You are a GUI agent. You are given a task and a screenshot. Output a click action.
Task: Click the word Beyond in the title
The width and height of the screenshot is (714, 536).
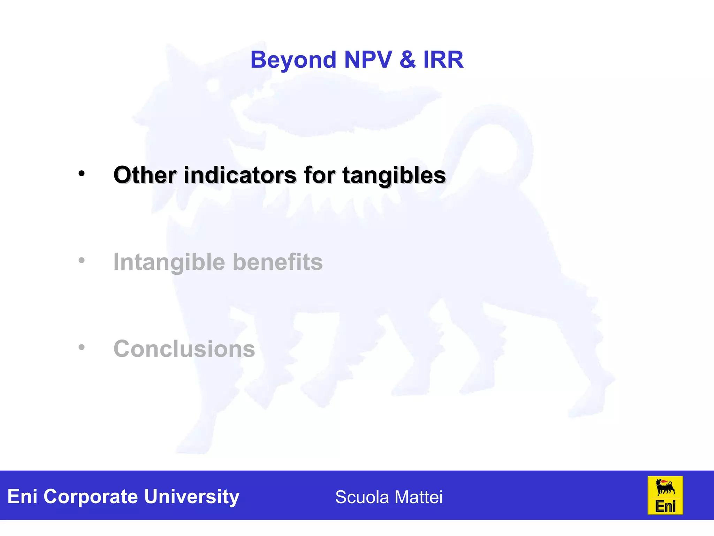(x=293, y=60)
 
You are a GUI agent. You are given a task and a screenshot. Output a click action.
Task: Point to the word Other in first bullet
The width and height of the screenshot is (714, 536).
(x=145, y=175)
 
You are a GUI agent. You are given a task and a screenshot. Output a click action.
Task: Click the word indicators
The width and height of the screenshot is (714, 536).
(x=240, y=175)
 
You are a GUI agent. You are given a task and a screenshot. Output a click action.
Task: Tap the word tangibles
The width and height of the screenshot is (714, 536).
(x=394, y=176)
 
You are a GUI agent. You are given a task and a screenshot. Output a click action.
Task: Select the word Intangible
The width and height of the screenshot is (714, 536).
(x=169, y=262)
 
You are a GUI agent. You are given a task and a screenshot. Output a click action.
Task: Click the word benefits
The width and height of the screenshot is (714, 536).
(x=278, y=262)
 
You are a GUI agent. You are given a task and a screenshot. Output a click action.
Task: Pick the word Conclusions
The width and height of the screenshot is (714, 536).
(x=184, y=349)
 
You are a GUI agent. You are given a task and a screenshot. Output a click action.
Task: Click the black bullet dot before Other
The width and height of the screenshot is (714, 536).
(x=82, y=173)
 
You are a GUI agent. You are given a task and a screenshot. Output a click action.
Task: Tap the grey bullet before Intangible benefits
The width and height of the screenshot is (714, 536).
(x=82, y=260)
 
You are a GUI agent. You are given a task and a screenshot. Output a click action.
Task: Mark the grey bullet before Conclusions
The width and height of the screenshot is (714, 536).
(x=82, y=347)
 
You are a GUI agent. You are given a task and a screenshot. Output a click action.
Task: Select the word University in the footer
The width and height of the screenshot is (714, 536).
(x=191, y=497)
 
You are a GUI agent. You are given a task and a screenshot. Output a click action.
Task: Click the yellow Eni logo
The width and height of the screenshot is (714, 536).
(x=665, y=495)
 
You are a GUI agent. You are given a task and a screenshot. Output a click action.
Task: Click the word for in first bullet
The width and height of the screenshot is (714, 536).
(x=319, y=175)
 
